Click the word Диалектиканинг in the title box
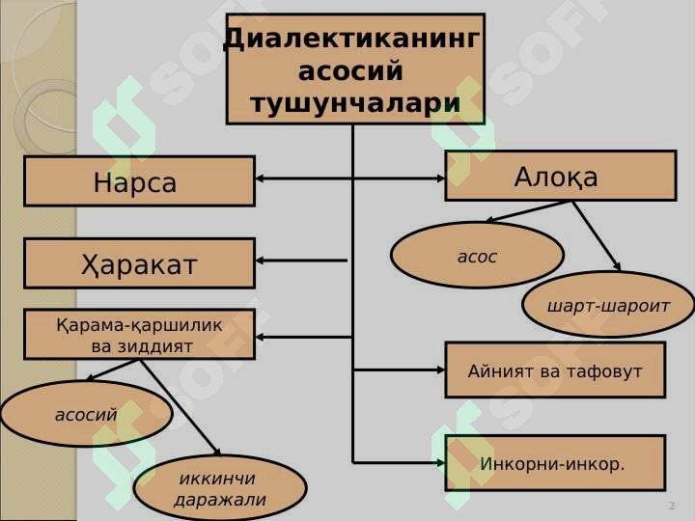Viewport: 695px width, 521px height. pos(352,40)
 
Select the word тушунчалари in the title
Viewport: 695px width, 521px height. pos(355,103)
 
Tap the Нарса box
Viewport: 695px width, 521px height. pos(140,181)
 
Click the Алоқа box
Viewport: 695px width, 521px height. pos(561,176)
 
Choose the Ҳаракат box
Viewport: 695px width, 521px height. pos(140,263)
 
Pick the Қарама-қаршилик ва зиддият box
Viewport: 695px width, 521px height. pos(140,335)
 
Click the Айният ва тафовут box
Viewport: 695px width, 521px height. pos(555,370)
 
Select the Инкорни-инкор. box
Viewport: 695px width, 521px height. pos(555,463)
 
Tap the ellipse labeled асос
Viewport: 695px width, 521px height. pos(478,255)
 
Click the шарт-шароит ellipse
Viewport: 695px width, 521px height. pos(608,305)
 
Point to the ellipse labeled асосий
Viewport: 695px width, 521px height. pos(87,413)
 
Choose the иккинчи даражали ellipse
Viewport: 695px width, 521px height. pos(220,488)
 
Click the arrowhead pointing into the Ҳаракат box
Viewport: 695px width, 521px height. pos(261,260)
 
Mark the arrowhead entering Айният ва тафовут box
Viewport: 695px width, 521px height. pos(440,370)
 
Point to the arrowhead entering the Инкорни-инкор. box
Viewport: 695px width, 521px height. pos(440,463)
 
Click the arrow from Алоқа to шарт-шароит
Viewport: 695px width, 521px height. pos(597,236)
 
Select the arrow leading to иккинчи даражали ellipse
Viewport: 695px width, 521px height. pos(181,407)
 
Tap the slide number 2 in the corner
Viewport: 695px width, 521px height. pos(672,506)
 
